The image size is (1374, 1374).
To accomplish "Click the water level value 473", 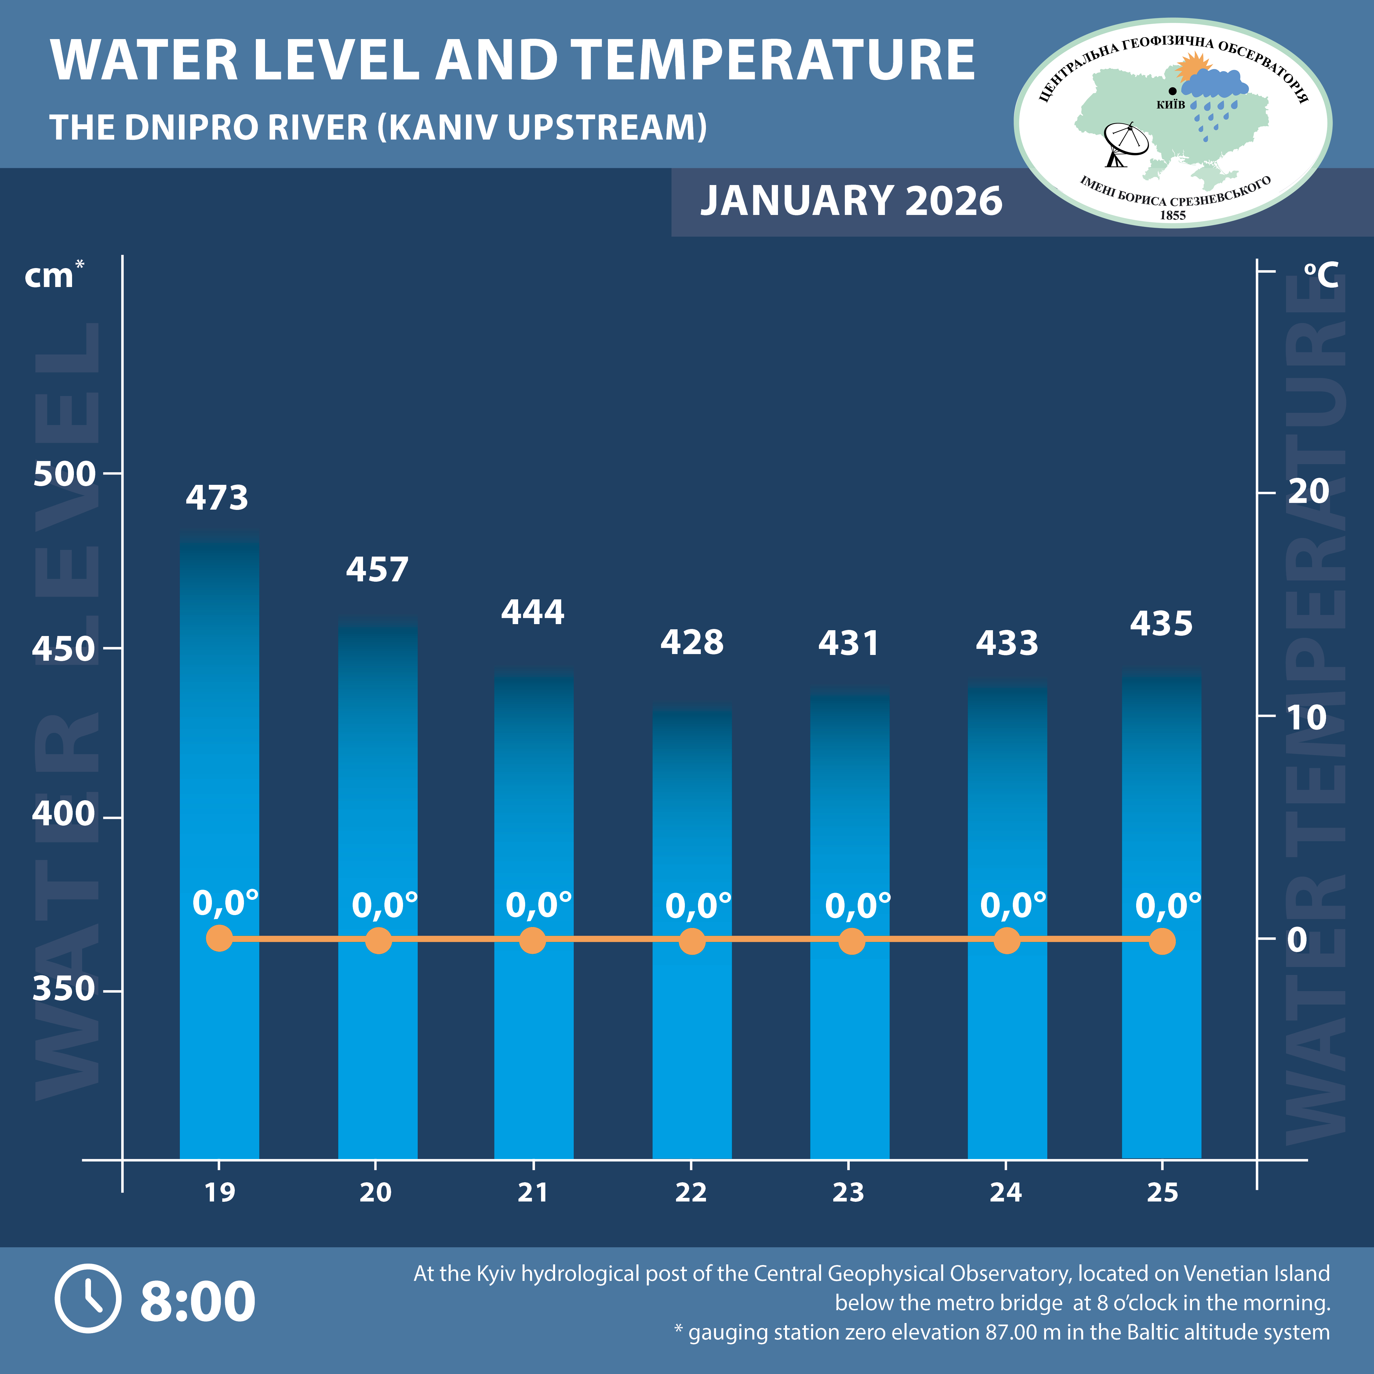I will coord(217,498).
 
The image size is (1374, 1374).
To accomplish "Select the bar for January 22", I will coord(692,925).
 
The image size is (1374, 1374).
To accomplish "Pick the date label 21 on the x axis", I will coord(533,1193).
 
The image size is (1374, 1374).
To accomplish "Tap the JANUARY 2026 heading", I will coord(851,201).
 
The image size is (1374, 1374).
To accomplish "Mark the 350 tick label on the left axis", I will coord(64,989).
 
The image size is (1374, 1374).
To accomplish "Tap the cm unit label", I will coord(50,276).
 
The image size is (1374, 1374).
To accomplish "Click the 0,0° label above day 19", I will coord(225,903).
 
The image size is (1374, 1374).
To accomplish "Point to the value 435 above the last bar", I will coord(1161,624).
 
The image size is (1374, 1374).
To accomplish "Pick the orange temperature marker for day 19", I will coord(220,938).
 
